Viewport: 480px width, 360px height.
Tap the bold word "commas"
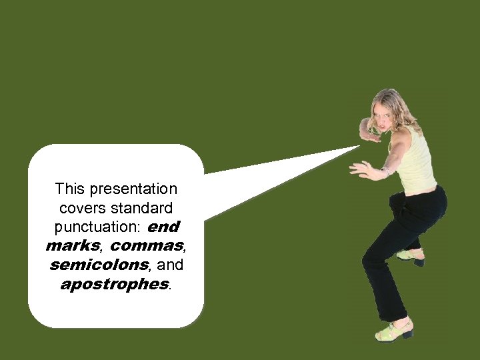pos(145,246)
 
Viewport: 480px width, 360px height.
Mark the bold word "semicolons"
pos(98,265)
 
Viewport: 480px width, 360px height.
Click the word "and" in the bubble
pos(170,265)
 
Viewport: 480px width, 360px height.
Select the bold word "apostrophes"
pos(114,285)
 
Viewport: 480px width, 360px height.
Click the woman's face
pos(386,121)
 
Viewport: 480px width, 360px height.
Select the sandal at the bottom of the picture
pos(394,331)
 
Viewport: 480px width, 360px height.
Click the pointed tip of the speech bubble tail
pos(359,147)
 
